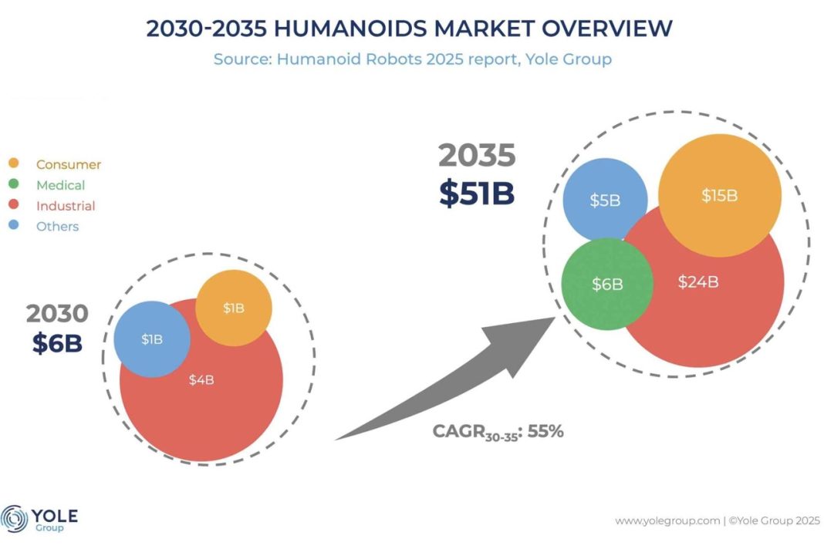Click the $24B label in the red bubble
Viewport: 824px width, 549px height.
click(698, 282)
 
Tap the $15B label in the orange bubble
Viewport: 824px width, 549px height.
click(719, 196)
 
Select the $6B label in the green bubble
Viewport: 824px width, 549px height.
click(607, 284)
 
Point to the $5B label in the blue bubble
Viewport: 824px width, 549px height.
click(605, 200)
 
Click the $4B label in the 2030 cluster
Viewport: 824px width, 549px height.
click(201, 379)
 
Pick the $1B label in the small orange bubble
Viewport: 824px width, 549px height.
click(233, 308)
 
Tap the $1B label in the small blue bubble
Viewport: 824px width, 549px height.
click(152, 339)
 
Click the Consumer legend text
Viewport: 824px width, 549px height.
click(69, 164)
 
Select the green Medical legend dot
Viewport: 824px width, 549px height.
click(14, 185)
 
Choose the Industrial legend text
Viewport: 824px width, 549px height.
click(66, 206)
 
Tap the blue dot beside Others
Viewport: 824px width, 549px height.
click(14, 227)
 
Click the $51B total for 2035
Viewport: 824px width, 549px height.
click(476, 193)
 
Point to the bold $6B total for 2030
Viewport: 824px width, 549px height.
click(57, 343)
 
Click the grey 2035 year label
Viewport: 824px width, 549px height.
click(477, 157)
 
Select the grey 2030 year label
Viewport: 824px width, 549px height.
click(57, 313)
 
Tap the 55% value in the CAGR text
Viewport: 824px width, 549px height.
click(546, 431)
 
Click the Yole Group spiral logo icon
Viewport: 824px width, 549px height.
click(15, 519)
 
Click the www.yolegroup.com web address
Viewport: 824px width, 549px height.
click(666, 520)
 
